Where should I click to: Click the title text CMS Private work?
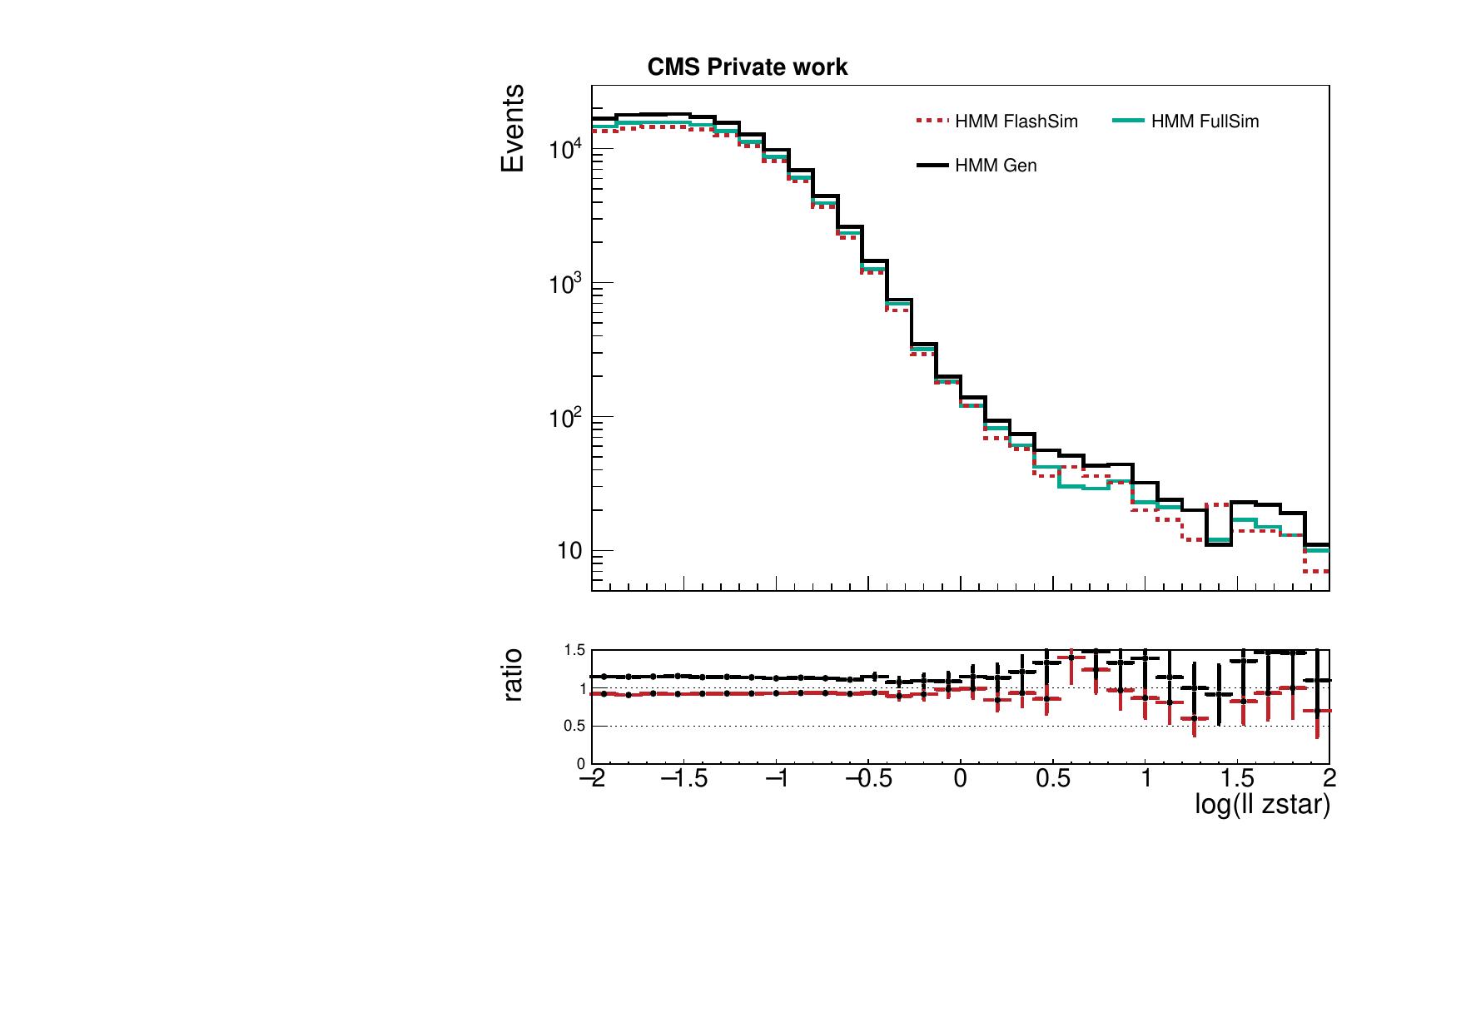747,67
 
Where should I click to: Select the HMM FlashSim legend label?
1016,122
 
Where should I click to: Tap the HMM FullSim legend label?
1205,122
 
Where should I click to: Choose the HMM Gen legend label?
996,166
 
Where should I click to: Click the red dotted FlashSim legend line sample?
932,122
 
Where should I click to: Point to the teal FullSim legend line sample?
1128,122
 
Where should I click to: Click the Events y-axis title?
513,128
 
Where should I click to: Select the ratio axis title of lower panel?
513,674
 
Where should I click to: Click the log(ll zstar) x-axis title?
1261,804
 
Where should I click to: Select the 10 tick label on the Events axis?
569,551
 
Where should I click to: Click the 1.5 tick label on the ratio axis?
575,650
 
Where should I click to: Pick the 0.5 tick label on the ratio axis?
575,726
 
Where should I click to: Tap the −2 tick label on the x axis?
591,778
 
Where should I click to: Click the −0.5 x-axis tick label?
867,778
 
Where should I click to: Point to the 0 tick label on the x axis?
961,778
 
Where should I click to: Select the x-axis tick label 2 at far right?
1329,778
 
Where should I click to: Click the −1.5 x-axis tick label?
683,778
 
